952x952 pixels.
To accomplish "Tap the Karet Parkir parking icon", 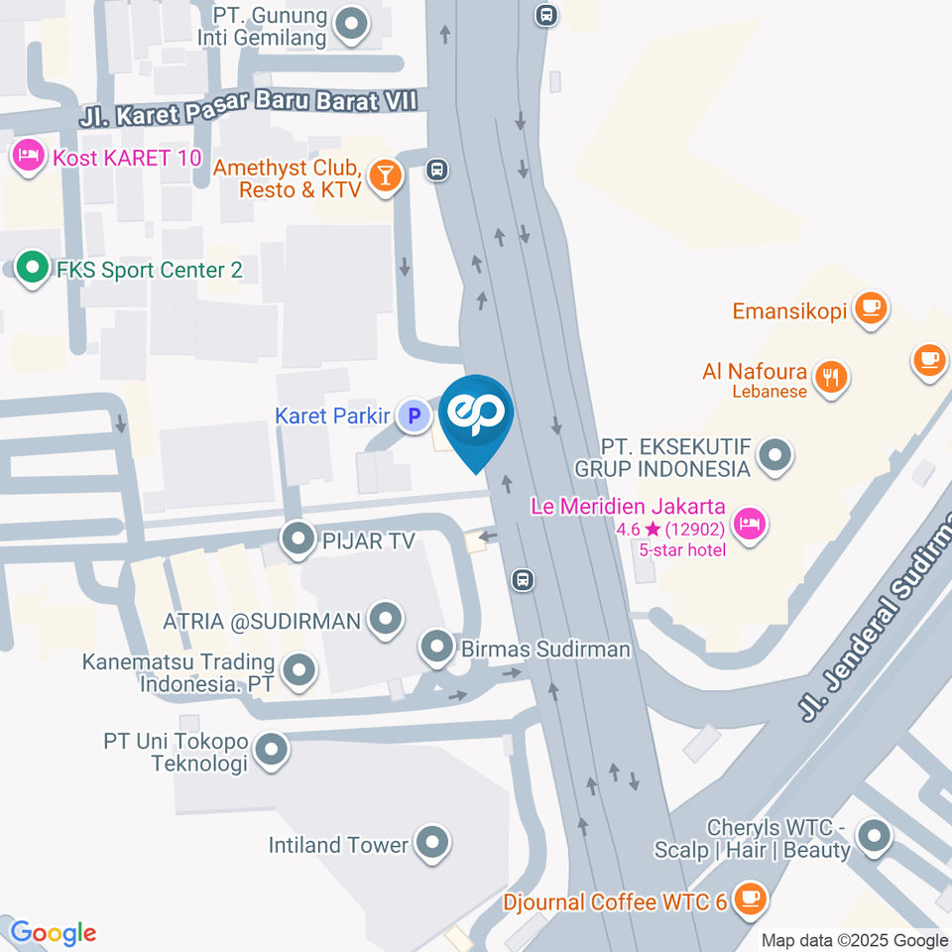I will point(413,416).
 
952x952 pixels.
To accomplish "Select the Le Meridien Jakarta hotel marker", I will point(751,522).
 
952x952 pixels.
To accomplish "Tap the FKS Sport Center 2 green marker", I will point(33,268).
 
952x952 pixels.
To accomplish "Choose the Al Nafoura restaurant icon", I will point(829,376).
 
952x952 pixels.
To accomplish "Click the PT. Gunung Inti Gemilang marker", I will point(350,25).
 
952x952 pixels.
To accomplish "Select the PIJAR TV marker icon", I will point(297,539).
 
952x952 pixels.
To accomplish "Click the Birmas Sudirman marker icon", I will point(436,649).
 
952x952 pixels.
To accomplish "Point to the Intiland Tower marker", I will point(431,844).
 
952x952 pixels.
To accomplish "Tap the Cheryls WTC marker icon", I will point(874,836).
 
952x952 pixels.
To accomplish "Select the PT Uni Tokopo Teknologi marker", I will point(270,751).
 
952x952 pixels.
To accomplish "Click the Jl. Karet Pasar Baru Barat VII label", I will point(249,104).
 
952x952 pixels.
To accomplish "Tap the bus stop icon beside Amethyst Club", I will point(436,170).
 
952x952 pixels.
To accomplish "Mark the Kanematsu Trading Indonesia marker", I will point(297,672).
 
